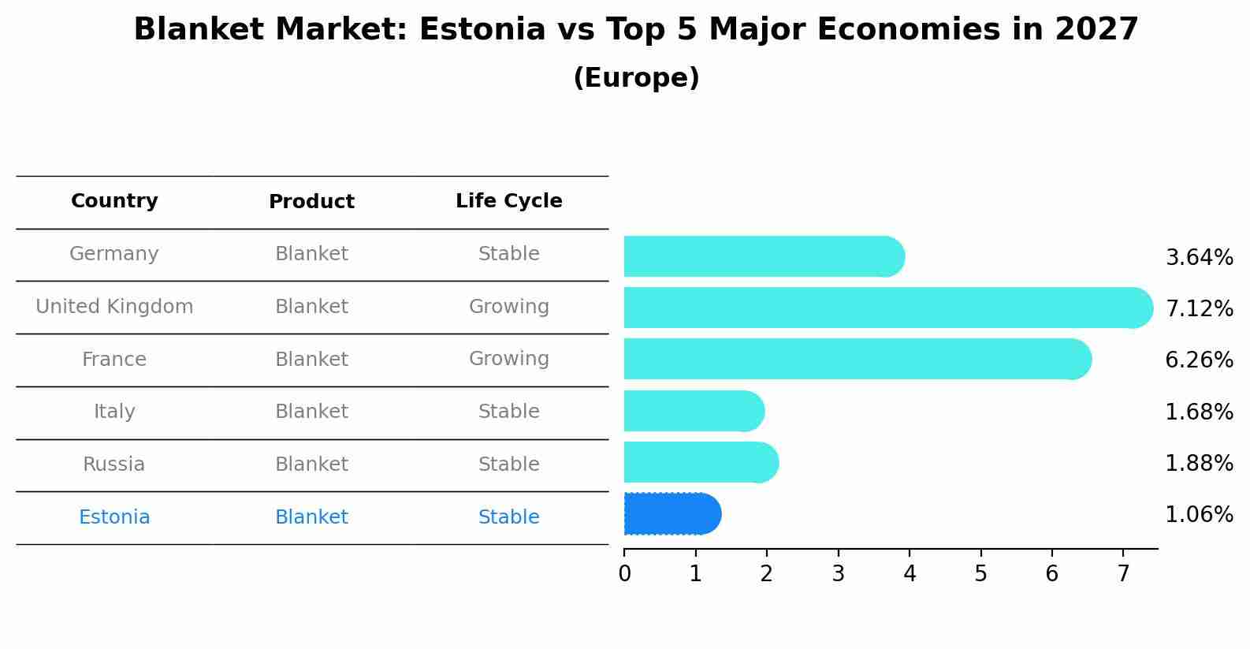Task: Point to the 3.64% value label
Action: (1199, 258)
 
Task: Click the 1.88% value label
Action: (1199, 463)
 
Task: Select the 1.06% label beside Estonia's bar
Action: (1199, 515)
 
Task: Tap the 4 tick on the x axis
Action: (910, 574)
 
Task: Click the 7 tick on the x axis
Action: (1123, 574)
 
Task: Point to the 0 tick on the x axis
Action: (624, 574)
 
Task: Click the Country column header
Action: (114, 201)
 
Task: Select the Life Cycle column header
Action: (508, 201)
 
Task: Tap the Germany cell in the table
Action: (114, 254)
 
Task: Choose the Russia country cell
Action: (114, 464)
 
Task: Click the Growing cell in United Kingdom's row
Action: (508, 307)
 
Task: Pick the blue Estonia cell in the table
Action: (114, 517)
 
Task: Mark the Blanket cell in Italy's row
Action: (311, 412)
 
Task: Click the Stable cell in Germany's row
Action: (508, 254)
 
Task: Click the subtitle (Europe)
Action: (636, 78)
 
